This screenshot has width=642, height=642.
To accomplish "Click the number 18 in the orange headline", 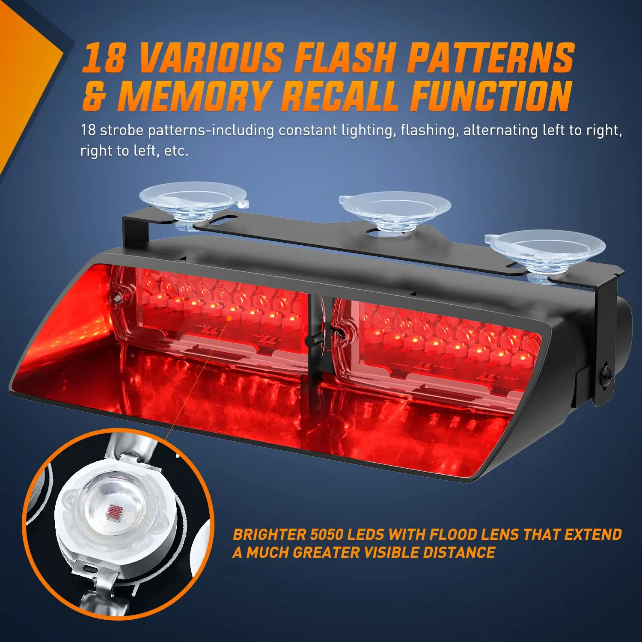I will pos(104,58).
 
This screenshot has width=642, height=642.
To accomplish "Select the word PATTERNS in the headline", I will pos(490,58).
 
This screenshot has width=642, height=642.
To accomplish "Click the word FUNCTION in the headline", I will pos(491,96).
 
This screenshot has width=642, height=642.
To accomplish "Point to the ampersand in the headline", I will pos(94,97).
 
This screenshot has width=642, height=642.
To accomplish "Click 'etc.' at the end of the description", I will pos(176,151).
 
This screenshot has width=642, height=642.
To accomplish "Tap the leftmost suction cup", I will pos(193,201).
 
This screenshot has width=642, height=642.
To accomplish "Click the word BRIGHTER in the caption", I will pos(269,535).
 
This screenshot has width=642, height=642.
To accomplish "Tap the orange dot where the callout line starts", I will pos(229,318).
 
